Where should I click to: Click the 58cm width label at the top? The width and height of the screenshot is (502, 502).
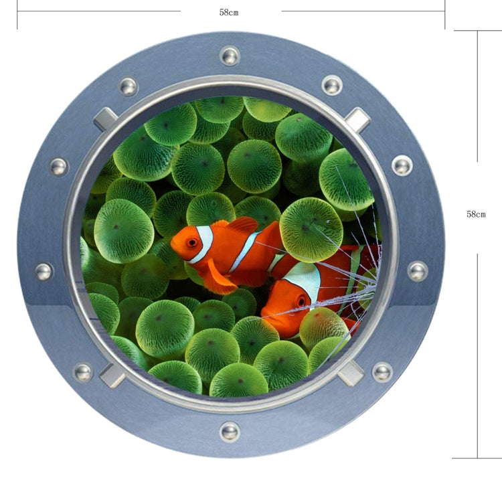229,12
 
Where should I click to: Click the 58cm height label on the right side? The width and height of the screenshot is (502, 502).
476,214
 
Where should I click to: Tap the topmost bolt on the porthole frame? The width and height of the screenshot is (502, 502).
230,55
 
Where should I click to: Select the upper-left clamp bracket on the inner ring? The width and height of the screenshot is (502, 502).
106,118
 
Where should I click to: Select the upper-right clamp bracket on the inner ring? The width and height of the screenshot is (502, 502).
357,120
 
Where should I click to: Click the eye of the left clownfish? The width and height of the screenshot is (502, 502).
192,242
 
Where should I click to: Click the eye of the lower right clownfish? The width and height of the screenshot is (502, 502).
299,301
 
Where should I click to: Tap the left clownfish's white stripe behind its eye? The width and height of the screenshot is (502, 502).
203,244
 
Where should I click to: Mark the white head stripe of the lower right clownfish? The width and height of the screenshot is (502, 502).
305,280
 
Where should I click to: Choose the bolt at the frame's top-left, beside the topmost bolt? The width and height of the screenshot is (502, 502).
128,86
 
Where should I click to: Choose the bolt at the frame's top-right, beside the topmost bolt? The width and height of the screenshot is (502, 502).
332,85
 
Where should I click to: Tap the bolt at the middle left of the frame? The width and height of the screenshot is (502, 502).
44,272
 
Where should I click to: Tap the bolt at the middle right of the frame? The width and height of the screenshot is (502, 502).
418,271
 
